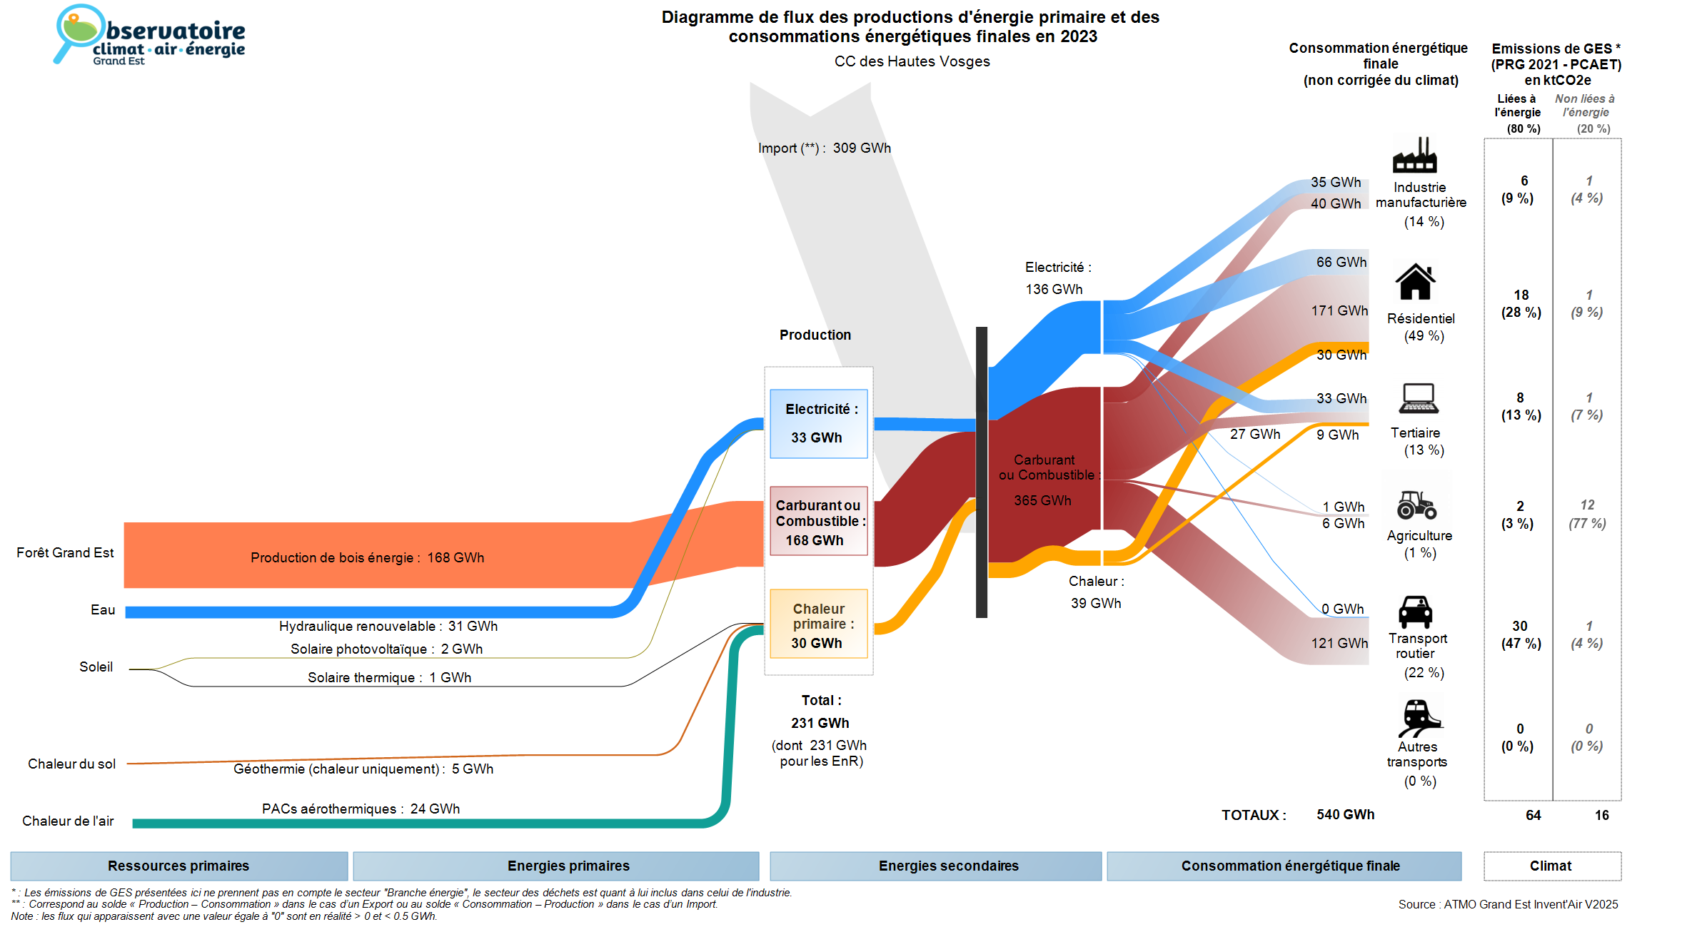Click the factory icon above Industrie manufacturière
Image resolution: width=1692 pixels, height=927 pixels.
(x=1414, y=156)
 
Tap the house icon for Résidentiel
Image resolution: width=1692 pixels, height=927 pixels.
(x=1415, y=282)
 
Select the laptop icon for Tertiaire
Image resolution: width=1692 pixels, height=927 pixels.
(x=1419, y=398)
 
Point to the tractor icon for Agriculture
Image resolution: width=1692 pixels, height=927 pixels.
(x=1416, y=505)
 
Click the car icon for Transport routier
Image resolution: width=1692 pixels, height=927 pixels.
(x=1415, y=612)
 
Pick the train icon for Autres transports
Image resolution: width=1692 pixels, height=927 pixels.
(x=1418, y=717)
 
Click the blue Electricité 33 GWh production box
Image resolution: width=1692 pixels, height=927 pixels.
(x=818, y=423)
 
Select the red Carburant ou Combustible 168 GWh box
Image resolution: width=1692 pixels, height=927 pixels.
(x=818, y=522)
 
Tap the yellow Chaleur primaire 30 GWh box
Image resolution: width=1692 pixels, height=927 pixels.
(x=818, y=624)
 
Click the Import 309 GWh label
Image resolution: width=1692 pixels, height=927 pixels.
(x=825, y=148)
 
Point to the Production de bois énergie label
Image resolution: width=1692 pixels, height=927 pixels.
(x=367, y=557)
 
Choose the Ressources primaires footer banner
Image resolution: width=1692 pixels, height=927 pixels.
(x=178, y=866)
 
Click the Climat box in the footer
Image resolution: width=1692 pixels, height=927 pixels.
(x=1551, y=866)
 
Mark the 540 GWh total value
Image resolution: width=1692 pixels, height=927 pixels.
(x=1345, y=814)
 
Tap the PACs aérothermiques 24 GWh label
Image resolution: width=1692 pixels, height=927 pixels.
(x=361, y=809)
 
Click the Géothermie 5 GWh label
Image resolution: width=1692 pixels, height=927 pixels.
(x=363, y=769)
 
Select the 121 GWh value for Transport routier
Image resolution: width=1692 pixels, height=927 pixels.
(x=1339, y=643)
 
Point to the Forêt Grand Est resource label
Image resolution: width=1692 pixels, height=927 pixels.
(x=65, y=552)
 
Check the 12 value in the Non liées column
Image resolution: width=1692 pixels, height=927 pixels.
(x=1587, y=505)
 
